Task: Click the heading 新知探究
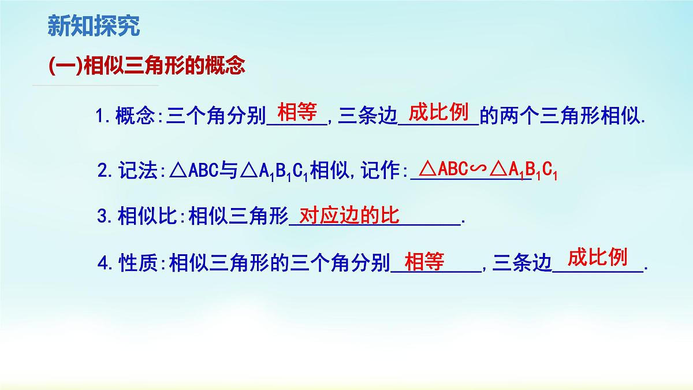[93, 26]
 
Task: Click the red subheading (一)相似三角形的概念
[147, 65]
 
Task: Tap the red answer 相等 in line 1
[297, 112]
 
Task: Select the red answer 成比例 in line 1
[438, 112]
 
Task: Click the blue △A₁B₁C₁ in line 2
[275, 172]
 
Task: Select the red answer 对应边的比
[349, 216]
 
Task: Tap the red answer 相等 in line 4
[424, 262]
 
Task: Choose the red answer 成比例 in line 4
[597, 257]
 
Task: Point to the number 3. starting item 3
[104, 217]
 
